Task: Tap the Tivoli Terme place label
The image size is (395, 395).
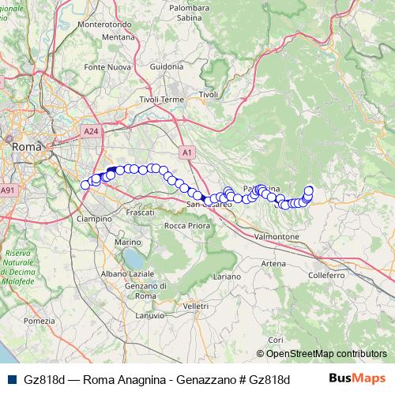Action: click(161, 100)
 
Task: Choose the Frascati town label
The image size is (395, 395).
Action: click(140, 213)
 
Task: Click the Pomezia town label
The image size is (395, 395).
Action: click(39, 321)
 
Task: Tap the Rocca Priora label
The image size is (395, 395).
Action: click(186, 225)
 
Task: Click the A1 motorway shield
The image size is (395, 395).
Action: click(186, 151)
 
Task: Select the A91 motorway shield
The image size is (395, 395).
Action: click(8, 190)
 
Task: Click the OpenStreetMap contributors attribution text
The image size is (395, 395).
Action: click(326, 353)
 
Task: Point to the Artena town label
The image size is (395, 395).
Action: click(273, 263)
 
